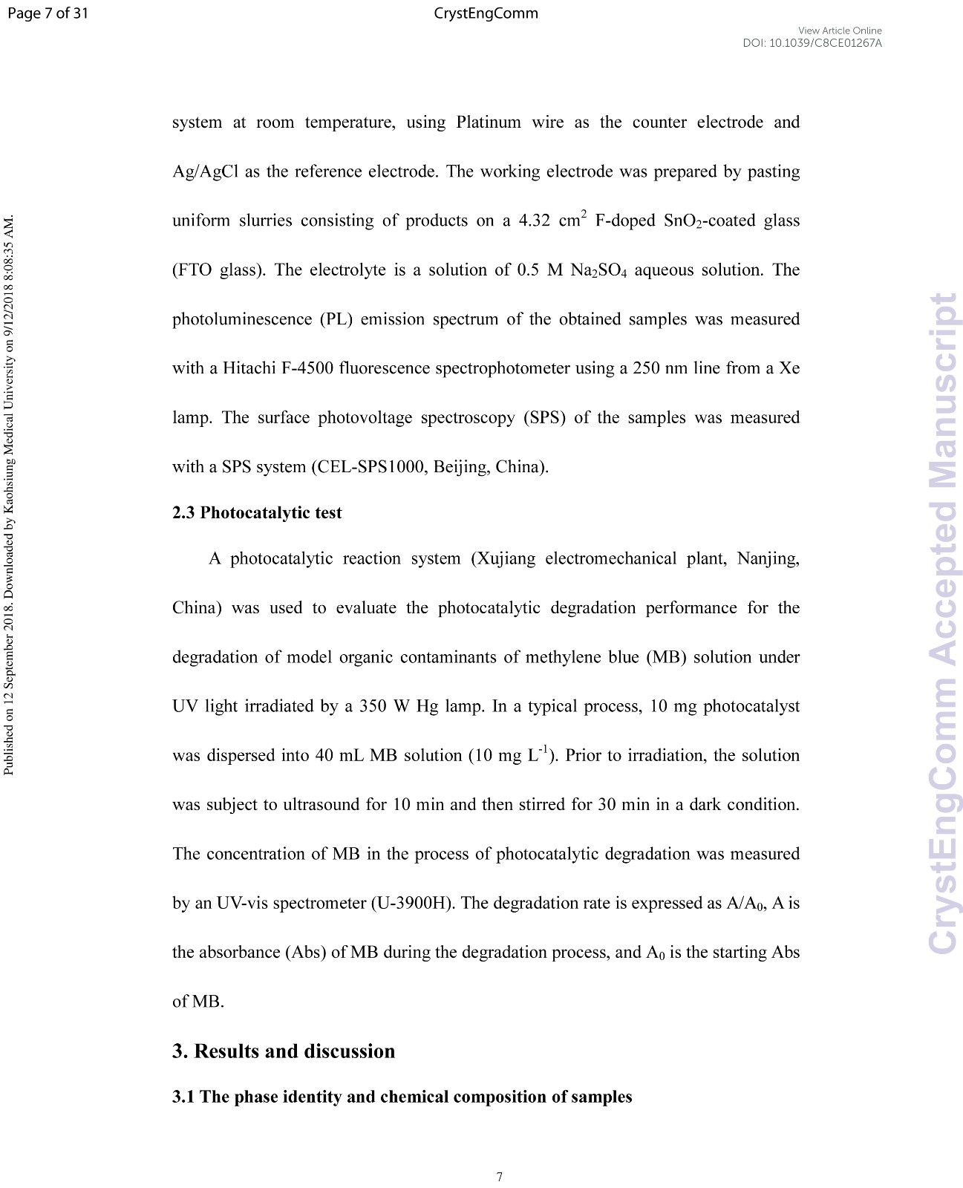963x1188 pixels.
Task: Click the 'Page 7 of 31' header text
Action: point(47,13)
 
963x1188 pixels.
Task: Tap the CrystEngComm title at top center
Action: point(486,13)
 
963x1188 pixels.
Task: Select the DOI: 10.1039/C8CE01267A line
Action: point(812,43)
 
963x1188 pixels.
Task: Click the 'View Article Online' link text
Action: point(840,30)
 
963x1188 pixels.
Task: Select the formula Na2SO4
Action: point(598,270)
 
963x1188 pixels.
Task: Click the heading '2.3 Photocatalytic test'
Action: point(257,513)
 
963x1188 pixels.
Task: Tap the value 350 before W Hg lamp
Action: point(374,706)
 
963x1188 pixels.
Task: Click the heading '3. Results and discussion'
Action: point(284,1051)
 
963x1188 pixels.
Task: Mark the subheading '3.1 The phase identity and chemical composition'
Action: point(402,1097)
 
